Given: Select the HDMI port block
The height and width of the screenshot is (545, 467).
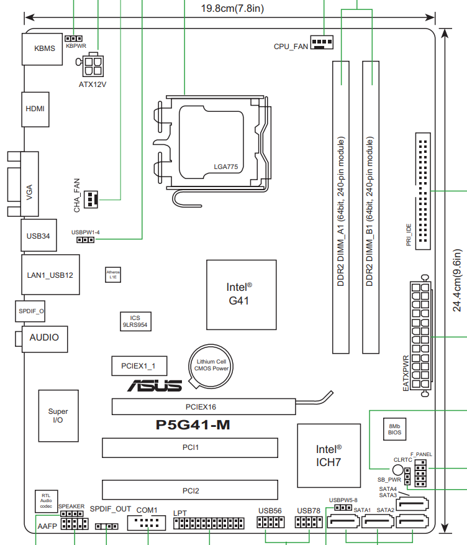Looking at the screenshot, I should [x=35, y=108].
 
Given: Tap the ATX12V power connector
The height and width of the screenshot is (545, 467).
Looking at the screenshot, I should [x=93, y=65].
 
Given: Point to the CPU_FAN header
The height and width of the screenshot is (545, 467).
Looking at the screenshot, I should [x=320, y=43].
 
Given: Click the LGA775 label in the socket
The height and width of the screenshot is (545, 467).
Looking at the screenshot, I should [x=227, y=166].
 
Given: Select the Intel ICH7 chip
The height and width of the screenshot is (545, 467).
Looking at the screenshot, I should [x=329, y=456].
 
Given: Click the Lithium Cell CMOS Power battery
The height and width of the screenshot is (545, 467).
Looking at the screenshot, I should [x=212, y=365].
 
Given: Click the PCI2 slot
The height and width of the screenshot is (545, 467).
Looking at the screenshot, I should [x=191, y=490].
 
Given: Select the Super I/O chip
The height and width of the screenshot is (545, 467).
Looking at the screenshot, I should [x=58, y=416].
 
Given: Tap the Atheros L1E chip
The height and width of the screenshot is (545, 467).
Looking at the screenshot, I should [x=113, y=275].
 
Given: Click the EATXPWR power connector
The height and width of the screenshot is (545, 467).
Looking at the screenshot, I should [x=420, y=336].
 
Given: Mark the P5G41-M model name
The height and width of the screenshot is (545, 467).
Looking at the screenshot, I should [x=193, y=426].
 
